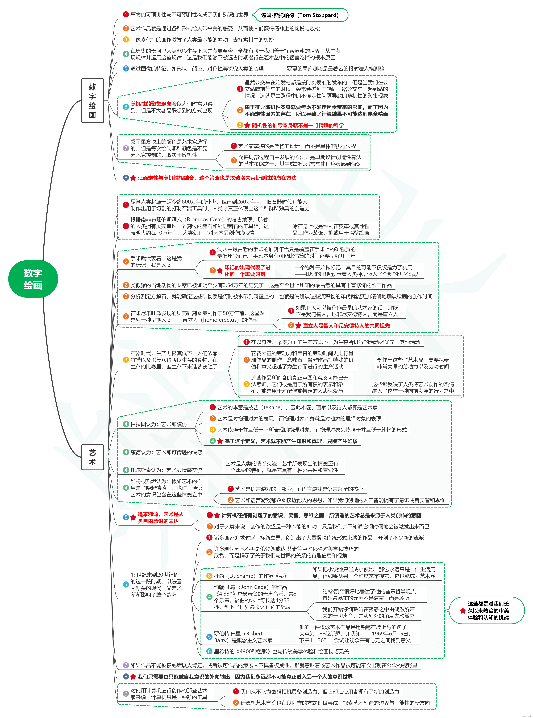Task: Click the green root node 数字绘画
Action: (x=33, y=279)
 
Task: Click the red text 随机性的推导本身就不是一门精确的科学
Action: (x=297, y=125)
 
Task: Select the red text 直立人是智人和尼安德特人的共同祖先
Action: (x=346, y=325)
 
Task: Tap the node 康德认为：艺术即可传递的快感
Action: (x=166, y=452)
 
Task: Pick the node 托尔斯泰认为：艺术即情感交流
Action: (x=166, y=470)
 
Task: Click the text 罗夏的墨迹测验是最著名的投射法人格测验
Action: (x=336, y=69)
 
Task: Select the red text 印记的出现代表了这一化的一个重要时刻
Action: (x=247, y=271)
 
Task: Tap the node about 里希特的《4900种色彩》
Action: (x=281, y=651)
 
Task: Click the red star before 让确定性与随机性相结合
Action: (x=133, y=178)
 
